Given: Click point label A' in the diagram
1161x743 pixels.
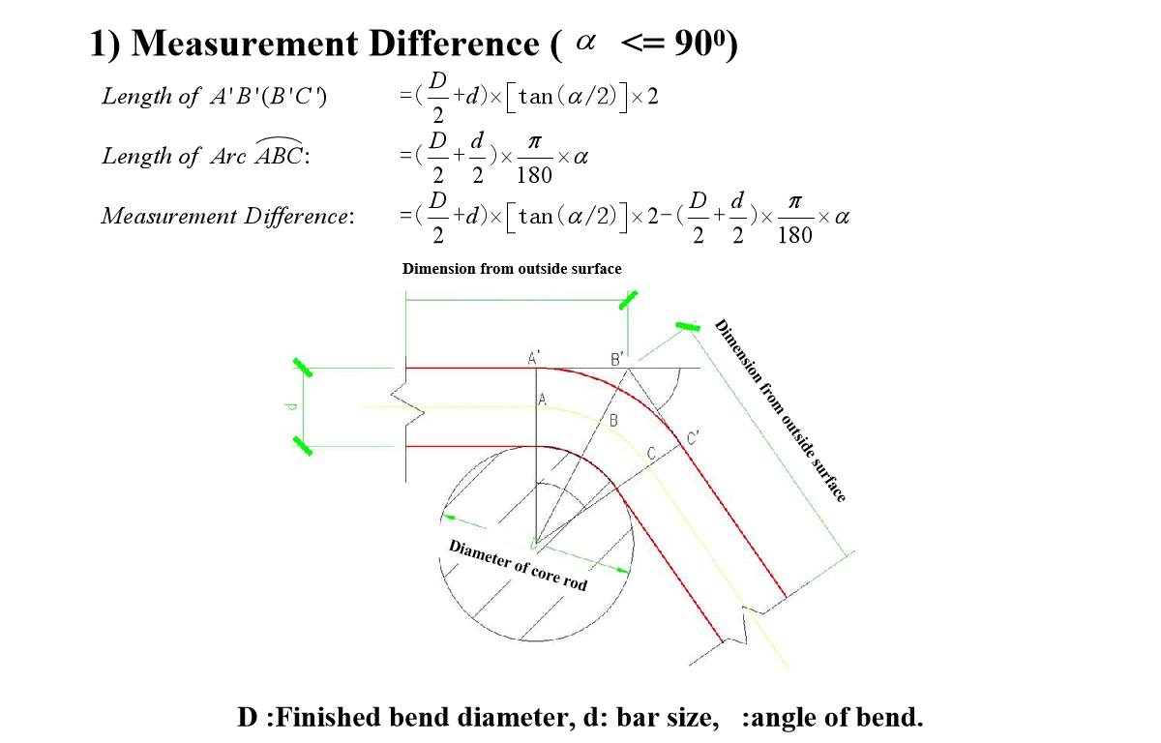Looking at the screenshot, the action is [x=534, y=358].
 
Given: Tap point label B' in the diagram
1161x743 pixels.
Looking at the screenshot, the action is [x=617, y=359].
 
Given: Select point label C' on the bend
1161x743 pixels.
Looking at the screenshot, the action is [x=693, y=438].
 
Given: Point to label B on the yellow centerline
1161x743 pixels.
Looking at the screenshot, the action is [x=613, y=420].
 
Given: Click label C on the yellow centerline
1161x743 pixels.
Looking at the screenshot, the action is [x=651, y=454].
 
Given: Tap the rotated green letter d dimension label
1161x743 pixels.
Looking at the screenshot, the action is [x=291, y=406].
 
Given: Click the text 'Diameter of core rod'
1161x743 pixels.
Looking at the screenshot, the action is [x=518, y=565].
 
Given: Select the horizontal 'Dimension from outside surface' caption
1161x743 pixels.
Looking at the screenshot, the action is [x=512, y=268].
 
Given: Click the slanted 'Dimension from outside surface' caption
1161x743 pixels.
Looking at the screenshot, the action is [x=780, y=410].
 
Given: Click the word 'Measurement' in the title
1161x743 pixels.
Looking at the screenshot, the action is [x=244, y=43].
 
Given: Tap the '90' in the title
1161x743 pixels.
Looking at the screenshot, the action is [x=693, y=43].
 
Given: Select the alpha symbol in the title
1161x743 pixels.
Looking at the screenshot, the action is [x=585, y=42].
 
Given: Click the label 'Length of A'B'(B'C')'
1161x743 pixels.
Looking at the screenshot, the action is [x=214, y=97].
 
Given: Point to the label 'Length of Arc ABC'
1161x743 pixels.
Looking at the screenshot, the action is [x=206, y=155].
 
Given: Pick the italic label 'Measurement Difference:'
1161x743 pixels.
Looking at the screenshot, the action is [x=228, y=216].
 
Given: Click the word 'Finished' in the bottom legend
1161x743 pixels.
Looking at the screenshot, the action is [x=328, y=717].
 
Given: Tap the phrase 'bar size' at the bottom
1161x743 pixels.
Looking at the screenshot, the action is [x=668, y=717].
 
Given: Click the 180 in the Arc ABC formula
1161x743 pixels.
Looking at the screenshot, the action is [x=534, y=175].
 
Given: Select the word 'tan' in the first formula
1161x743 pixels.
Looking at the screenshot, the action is [x=535, y=97].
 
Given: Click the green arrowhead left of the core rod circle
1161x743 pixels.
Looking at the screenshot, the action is [x=449, y=517].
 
